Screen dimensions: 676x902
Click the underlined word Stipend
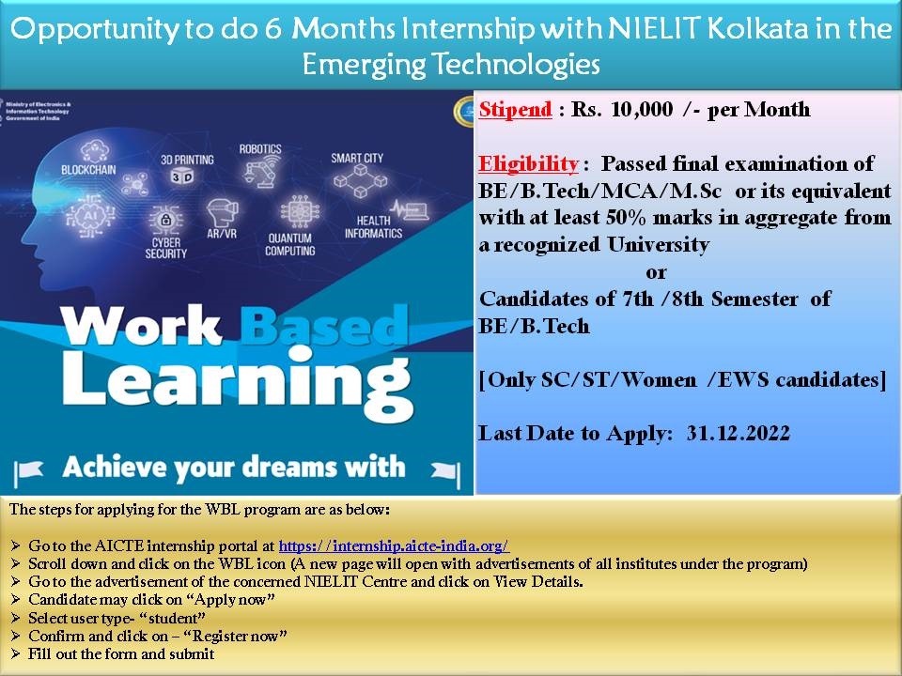pos(515,109)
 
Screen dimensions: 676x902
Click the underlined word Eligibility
pos(528,164)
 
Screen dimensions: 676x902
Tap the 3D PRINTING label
pos(187,159)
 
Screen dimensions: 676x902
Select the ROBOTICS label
pos(260,148)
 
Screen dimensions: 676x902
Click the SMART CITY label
pos(357,158)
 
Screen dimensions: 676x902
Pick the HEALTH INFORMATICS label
pos(373,227)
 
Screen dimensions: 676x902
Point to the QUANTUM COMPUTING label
pos(289,245)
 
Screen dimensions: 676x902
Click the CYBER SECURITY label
pos(166,248)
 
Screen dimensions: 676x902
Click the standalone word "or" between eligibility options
pos(656,272)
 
